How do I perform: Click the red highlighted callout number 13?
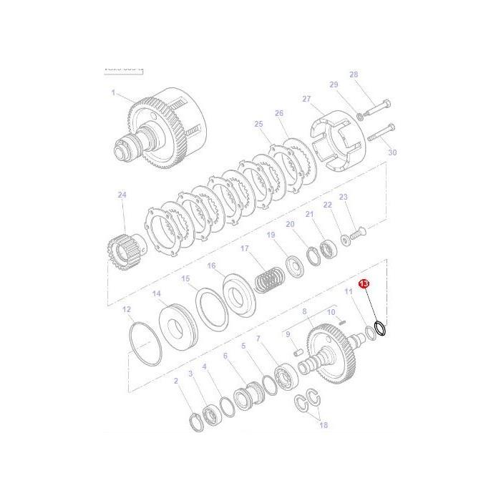(x=364, y=284)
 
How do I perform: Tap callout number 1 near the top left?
(x=113, y=92)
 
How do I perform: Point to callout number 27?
(x=306, y=99)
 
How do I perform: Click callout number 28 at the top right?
(x=353, y=74)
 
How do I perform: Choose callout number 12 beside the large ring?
(x=127, y=310)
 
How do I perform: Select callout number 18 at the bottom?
(x=324, y=424)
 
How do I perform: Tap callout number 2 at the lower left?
(x=176, y=381)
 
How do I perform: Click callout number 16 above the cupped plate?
(x=212, y=266)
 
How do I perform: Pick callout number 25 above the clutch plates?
(x=259, y=124)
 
